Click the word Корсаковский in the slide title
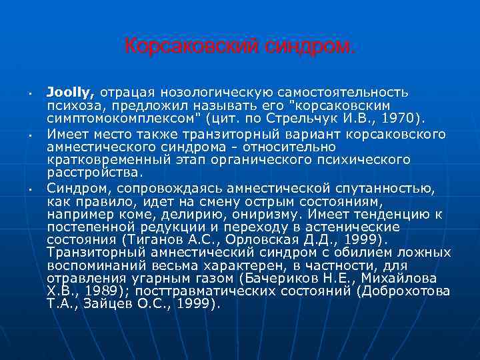pyautogui.click(x=171, y=47)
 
